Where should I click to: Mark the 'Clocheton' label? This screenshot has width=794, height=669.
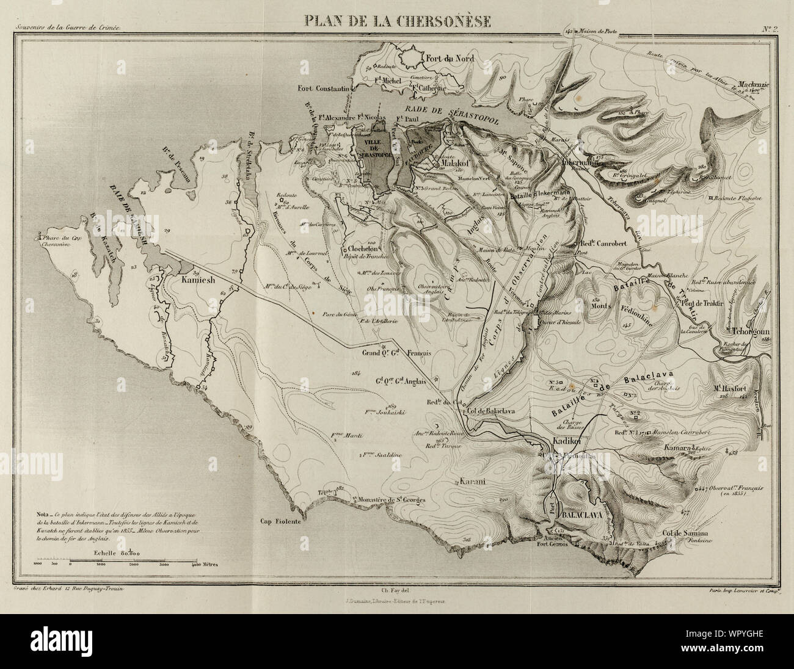(x=366, y=248)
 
